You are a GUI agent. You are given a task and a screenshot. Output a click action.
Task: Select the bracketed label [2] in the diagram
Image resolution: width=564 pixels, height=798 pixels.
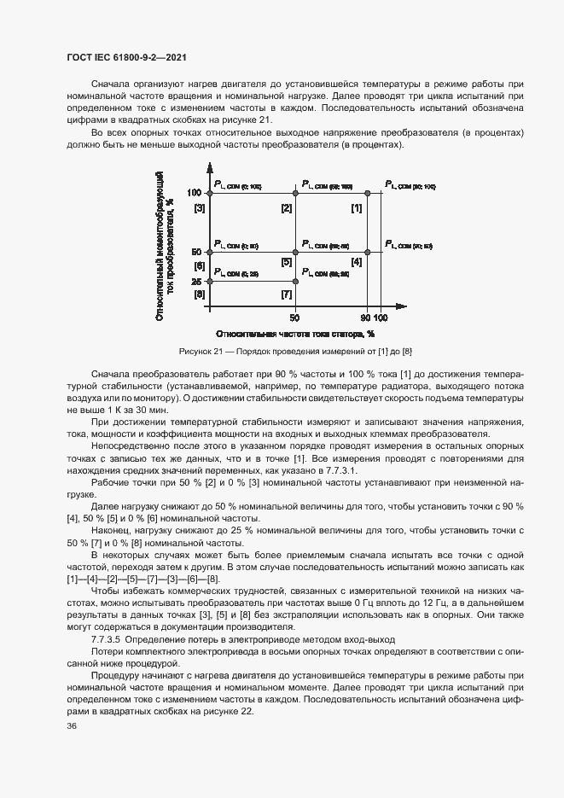point(287,208)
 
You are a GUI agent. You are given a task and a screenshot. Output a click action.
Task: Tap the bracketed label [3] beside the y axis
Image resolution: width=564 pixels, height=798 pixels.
point(200,208)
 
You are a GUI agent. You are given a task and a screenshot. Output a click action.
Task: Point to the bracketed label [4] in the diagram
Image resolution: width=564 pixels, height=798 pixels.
point(357,262)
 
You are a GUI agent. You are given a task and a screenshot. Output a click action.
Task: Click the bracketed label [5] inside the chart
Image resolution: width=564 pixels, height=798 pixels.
point(287,262)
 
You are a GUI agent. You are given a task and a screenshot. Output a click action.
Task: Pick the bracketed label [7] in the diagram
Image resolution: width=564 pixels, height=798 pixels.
point(287,294)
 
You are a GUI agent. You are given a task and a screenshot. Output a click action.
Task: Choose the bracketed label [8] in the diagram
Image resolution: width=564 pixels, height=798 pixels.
point(200,294)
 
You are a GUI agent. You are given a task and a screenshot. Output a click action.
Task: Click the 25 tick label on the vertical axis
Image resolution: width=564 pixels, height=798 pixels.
point(196,281)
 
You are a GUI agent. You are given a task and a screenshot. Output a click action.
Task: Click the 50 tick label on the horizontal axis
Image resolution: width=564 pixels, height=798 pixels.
point(295,316)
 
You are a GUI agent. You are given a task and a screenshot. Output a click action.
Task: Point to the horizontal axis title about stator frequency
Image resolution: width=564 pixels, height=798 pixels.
point(295,335)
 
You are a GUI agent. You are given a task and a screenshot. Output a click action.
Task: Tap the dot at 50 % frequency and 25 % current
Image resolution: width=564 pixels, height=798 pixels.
point(295,281)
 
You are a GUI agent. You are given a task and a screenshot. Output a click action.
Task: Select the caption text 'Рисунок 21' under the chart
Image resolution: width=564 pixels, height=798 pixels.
point(199,352)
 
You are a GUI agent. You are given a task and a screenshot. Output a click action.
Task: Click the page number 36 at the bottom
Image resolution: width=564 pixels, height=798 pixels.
point(72,726)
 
